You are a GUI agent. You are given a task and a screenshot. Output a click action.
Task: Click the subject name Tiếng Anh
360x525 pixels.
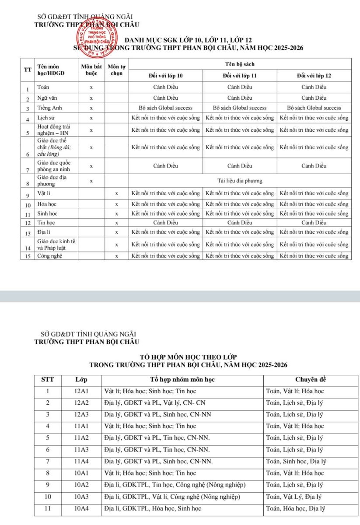coord(49,108)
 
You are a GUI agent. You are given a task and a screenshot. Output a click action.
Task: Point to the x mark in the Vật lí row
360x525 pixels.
coord(117,193)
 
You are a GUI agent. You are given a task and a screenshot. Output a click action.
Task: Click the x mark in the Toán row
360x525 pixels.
coord(91,87)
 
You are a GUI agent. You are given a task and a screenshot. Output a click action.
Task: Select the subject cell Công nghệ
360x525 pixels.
coord(49,255)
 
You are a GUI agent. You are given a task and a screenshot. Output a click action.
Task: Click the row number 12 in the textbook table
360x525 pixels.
coord(27,223)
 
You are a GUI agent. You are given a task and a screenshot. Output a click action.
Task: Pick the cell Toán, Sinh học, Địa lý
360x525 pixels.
coord(295,461)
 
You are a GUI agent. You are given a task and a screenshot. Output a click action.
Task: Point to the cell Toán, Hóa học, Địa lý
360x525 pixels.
coord(295,508)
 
